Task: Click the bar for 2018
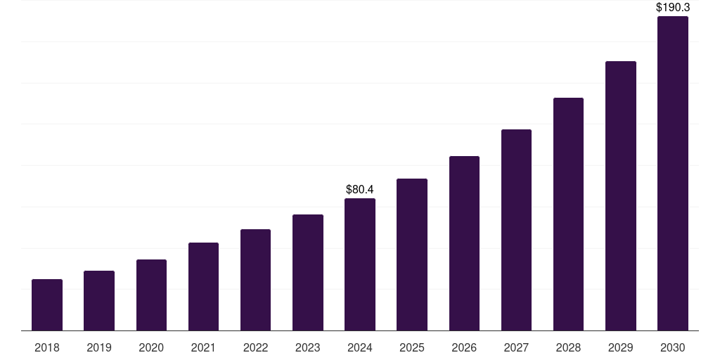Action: [47, 305]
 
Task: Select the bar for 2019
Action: [99, 301]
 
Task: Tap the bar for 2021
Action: [203, 287]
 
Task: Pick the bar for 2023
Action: [308, 273]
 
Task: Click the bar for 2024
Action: [360, 264]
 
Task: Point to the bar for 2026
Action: [464, 243]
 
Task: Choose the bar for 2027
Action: [516, 230]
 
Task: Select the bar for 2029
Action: [621, 196]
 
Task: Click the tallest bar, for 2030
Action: [673, 174]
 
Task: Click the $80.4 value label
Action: [360, 190]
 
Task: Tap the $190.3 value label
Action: [673, 8]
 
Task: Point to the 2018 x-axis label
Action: [47, 347]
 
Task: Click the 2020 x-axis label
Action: [151, 347]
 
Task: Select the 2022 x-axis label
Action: [256, 347]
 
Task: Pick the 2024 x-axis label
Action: [360, 347]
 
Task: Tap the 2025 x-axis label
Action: [412, 347]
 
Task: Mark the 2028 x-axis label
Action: [568, 347]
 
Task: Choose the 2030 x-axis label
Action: [673, 347]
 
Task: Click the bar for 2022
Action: [256, 280]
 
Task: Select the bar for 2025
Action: [412, 255]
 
